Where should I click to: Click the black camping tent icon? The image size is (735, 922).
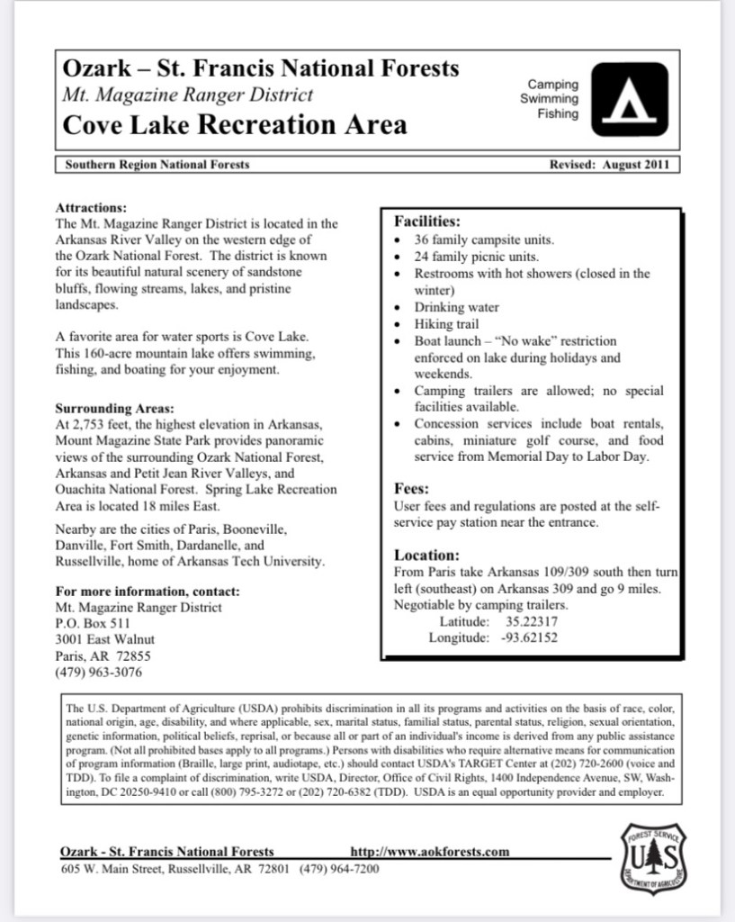pos(636,99)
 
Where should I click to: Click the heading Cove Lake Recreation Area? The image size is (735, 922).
pos(234,124)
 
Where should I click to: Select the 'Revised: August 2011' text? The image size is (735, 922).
pos(608,165)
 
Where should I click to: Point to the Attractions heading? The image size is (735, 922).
pos(91,207)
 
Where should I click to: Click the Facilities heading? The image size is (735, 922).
pos(427,221)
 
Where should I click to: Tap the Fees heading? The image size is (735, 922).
pos(411,489)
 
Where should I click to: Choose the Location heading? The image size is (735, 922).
pos(426,556)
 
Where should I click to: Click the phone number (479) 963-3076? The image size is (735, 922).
pos(98,673)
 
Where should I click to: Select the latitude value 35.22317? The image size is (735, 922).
pos(531,622)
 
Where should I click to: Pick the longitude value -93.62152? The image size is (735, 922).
pos(529,638)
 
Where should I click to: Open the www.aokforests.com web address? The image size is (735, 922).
pos(429,851)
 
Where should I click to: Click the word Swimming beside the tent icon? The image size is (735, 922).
pos(549,99)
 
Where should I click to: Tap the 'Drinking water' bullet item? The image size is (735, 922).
pos(456,307)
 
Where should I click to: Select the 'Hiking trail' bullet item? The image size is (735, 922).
pos(446,324)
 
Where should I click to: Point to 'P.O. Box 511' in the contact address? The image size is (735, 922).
pos(93,623)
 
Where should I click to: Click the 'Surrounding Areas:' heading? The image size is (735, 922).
pos(114,407)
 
